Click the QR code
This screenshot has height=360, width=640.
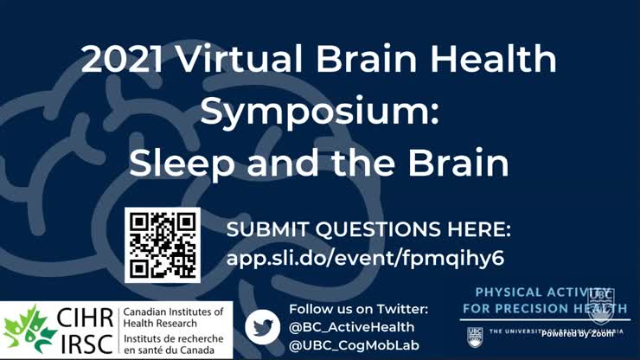click(163, 245)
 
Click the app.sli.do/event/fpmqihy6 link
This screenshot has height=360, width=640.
click(365, 258)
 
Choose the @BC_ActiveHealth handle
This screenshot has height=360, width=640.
click(351, 327)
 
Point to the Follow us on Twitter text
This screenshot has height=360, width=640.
click(358, 309)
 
